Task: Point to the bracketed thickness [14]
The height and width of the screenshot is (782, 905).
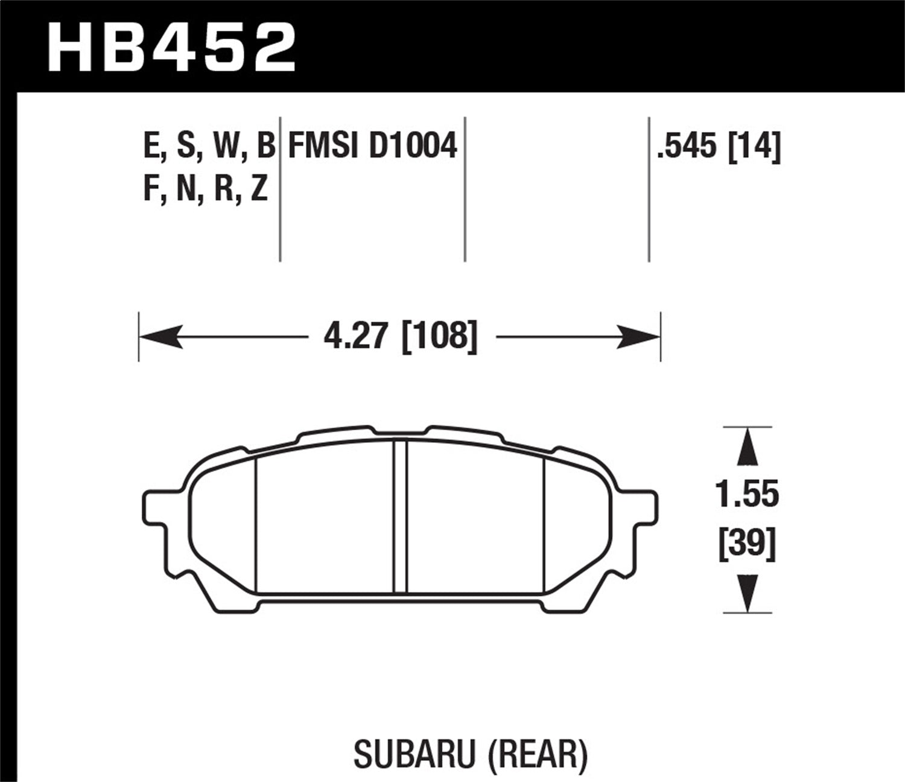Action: click(x=754, y=146)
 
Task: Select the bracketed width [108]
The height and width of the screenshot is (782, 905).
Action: click(x=439, y=335)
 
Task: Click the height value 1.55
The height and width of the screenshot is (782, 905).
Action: click(x=747, y=494)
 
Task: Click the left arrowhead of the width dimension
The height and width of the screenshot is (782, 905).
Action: click(x=160, y=336)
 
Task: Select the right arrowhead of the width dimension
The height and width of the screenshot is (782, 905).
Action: click(x=640, y=336)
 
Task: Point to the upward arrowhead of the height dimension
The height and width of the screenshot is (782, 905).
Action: click(x=748, y=447)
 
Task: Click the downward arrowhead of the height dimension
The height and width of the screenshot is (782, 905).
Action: click(x=748, y=593)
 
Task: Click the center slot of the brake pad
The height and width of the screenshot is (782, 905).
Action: click(x=400, y=517)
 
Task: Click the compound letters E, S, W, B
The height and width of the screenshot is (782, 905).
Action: click(x=209, y=146)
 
